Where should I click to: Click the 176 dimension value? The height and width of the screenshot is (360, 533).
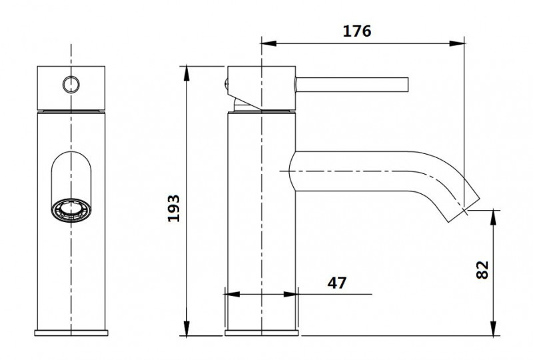click(358, 31)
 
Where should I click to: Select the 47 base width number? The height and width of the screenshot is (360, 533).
click(337, 283)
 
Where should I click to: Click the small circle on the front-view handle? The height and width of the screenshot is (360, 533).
click(71, 84)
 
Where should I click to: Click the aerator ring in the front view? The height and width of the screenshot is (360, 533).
click(71, 210)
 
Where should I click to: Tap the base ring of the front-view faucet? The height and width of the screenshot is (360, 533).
click(71, 333)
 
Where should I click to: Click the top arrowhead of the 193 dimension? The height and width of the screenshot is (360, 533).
click(189, 69)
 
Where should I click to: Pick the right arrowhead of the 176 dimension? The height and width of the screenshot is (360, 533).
click(459, 45)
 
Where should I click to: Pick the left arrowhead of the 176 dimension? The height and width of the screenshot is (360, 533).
click(265, 45)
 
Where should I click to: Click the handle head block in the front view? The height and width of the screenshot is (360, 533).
click(71, 87)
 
